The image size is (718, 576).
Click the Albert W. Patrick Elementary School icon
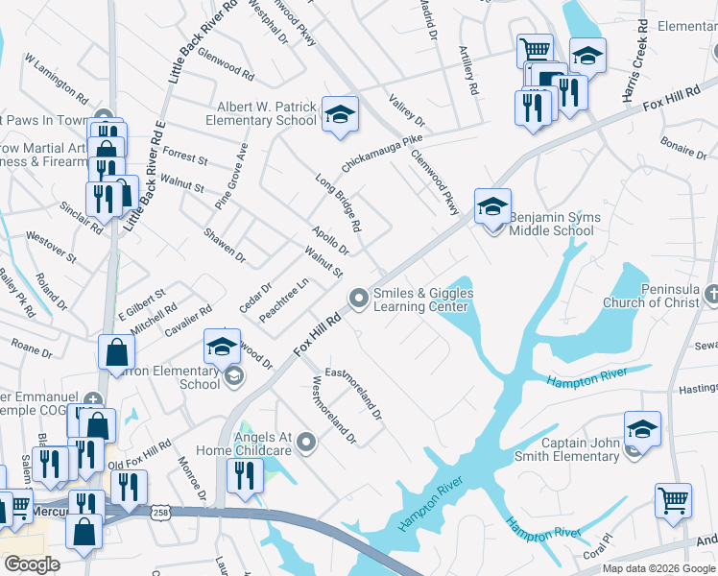[x=339, y=115]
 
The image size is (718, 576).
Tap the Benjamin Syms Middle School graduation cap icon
[x=492, y=206]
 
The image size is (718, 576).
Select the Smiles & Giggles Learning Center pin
[x=359, y=300]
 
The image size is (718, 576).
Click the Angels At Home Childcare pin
[x=306, y=443]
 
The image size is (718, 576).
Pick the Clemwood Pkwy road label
[x=436, y=176]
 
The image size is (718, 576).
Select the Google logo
[x=32, y=564]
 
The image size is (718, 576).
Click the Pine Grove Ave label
[x=231, y=175]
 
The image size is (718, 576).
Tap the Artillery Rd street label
[x=469, y=74]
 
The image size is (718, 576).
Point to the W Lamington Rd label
[x=57, y=80]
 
